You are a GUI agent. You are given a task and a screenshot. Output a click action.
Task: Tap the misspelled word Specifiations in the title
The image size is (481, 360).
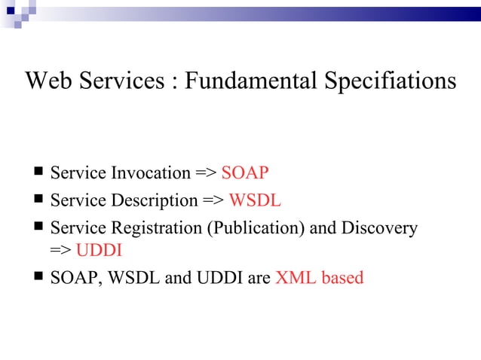[x=391, y=81]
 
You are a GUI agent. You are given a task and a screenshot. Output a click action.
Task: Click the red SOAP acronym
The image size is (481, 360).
[x=245, y=173]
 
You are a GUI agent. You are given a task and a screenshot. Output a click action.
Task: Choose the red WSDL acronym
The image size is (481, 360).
[x=255, y=200]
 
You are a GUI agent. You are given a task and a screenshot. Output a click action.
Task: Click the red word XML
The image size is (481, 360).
[x=296, y=278]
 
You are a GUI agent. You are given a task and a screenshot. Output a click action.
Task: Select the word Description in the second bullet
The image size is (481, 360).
[x=155, y=201]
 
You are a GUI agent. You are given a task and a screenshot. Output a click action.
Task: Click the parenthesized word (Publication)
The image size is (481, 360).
[x=256, y=228]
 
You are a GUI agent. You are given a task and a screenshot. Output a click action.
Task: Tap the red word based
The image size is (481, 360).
[x=342, y=278]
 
